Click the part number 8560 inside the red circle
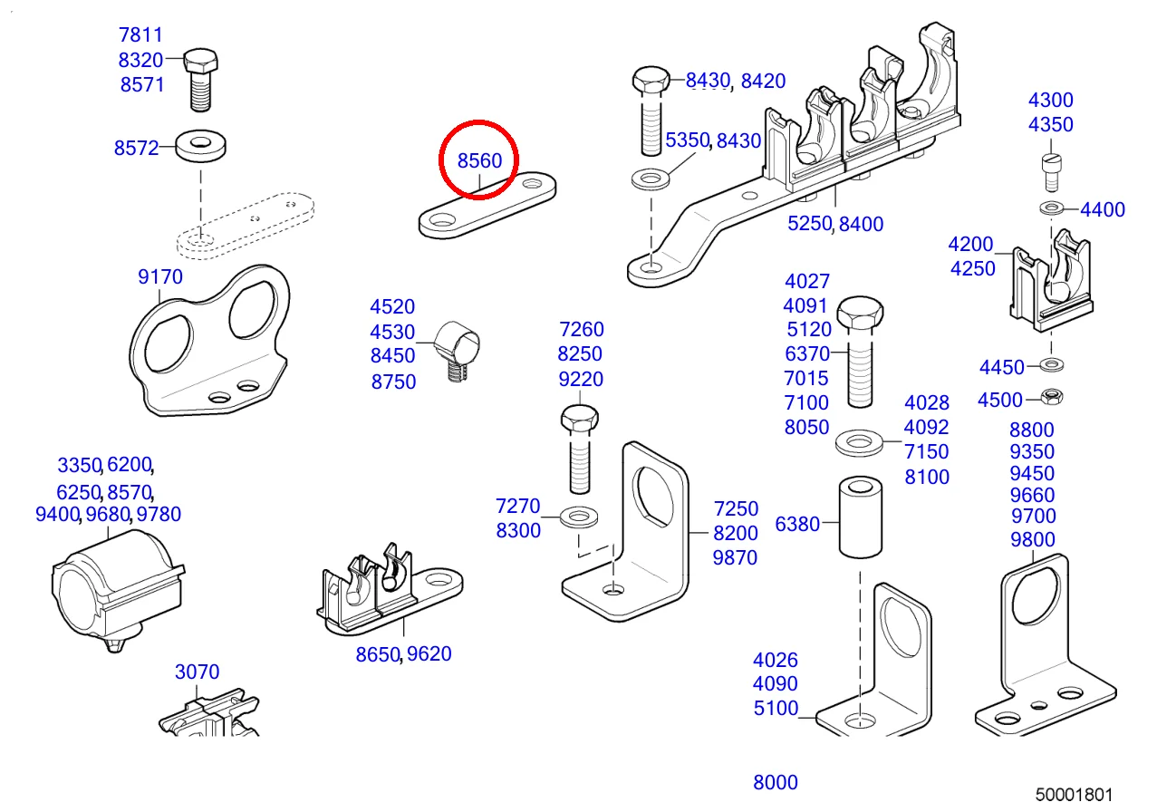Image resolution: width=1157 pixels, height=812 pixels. coord(478,161)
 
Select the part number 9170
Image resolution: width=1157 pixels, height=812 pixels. coord(160,276)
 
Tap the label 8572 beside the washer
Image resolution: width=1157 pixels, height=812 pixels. coord(137,148)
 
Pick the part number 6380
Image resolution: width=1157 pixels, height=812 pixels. coord(797,524)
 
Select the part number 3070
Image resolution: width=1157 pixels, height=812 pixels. coord(197,672)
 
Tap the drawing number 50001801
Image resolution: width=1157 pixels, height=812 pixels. coord(1075,795)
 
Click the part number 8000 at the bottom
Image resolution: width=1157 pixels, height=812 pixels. coord(776,783)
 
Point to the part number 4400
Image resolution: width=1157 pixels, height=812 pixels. coord(1103,209)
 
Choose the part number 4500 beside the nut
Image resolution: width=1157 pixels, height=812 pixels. coord(1000,400)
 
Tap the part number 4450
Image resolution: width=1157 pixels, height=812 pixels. coord(1001,367)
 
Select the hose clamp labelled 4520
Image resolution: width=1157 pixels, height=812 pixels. coord(458,346)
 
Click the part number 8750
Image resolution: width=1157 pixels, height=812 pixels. coord(393,382)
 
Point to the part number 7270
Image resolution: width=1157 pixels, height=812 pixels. coord(518,506)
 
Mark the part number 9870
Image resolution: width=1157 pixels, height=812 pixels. coord(736,558)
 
